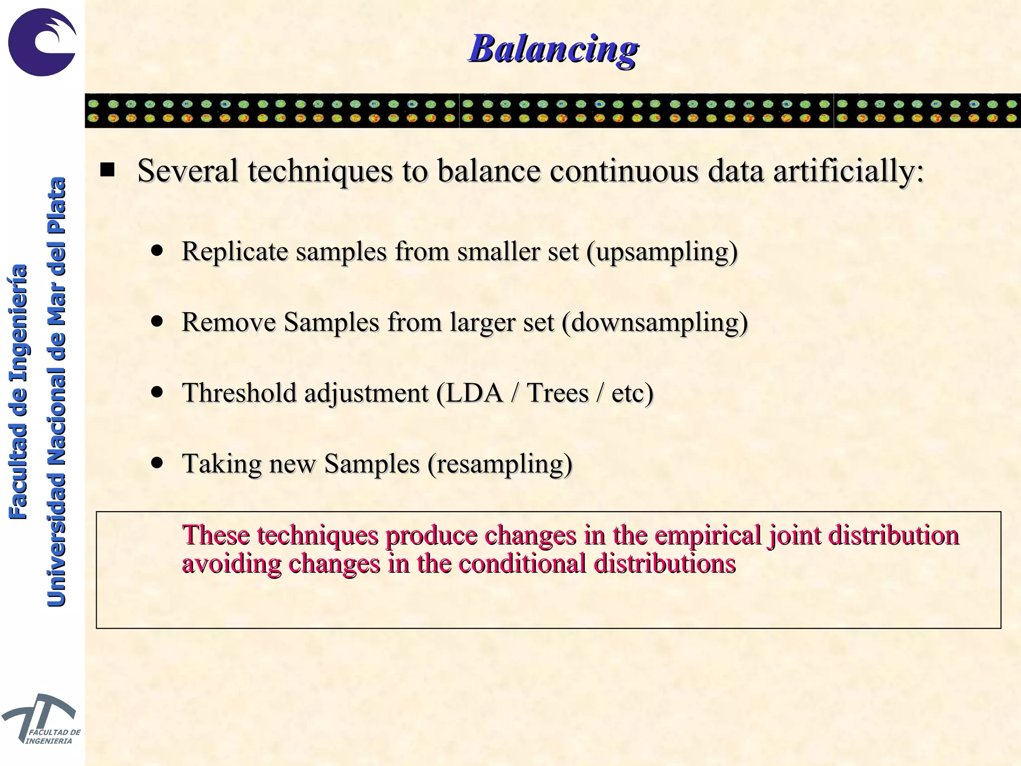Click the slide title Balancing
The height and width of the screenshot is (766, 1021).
[553, 49]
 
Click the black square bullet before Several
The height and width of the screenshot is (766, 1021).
[107, 171]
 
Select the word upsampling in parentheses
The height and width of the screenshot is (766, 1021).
[662, 251]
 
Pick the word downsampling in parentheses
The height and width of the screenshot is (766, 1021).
[655, 322]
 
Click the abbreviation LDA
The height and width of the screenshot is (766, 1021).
[474, 393]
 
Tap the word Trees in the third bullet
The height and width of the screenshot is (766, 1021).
[558, 393]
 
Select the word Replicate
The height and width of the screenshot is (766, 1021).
[235, 251]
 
